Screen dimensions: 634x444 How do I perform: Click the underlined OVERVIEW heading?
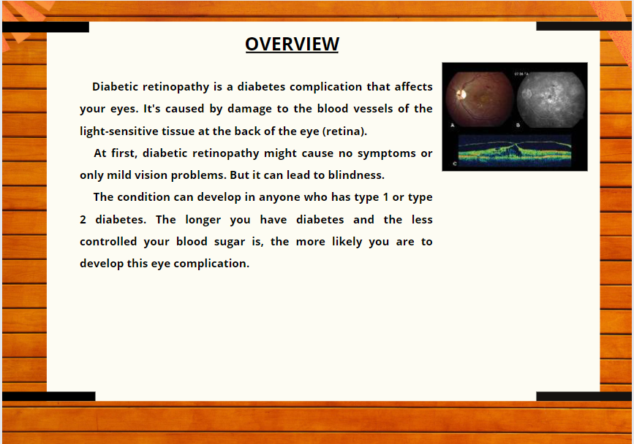292,44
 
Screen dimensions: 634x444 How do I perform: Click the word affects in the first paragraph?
414,87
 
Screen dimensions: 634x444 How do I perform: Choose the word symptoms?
387,153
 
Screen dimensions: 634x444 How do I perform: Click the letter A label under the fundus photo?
453,126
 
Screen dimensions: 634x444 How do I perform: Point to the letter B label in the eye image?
518,126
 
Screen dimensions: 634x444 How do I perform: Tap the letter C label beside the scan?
455,164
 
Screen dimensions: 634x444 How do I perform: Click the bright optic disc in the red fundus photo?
461,94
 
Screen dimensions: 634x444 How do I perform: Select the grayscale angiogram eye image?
551,100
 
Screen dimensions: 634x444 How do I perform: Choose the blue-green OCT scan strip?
515,150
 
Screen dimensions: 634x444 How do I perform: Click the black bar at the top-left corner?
45,27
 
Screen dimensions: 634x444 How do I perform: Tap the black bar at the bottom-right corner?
584,397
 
